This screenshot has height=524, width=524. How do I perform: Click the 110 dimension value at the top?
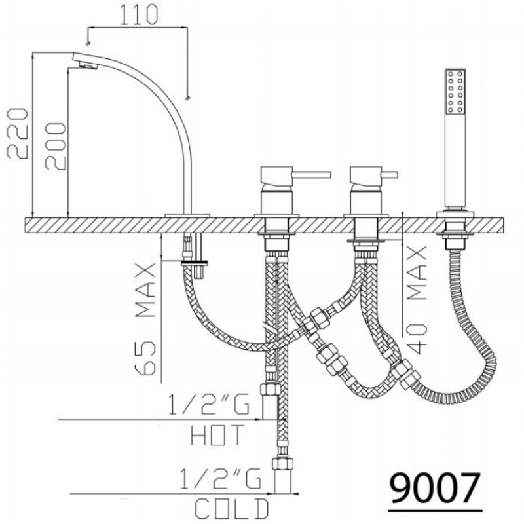pyautogui.click(x=138, y=14)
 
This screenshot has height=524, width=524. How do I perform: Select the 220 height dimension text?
pyautogui.click(x=18, y=133)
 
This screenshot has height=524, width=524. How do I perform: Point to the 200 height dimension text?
pyautogui.click(x=56, y=146)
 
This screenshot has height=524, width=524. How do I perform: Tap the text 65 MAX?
pyautogui.click(x=145, y=319)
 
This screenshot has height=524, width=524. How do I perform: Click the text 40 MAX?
pyautogui.click(x=417, y=299)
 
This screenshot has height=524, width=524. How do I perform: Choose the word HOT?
pyautogui.click(x=217, y=435)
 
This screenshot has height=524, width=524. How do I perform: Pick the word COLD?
pyautogui.click(x=232, y=509)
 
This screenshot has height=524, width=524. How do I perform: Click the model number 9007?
pyautogui.click(x=435, y=488)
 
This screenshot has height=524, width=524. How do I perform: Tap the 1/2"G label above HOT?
pyautogui.click(x=208, y=404)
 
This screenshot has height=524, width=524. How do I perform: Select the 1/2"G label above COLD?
pyautogui.click(x=221, y=479)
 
